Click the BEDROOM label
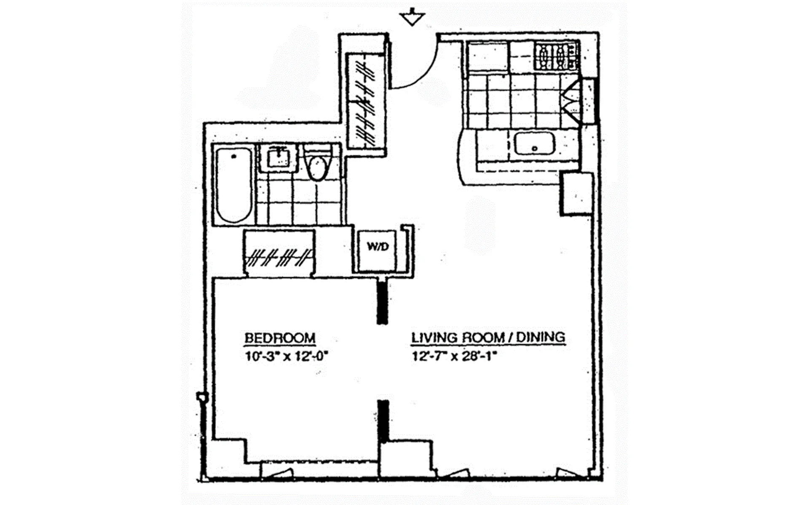click(280, 338)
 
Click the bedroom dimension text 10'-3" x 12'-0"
click(286, 357)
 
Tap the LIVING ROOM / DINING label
click(488, 337)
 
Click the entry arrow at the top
click(412, 18)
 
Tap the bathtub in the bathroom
click(234, 185)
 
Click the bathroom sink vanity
click(278, 158)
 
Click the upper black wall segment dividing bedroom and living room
click(382, 302)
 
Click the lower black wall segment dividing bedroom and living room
click(383, 421)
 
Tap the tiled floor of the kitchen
click(514, 101)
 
